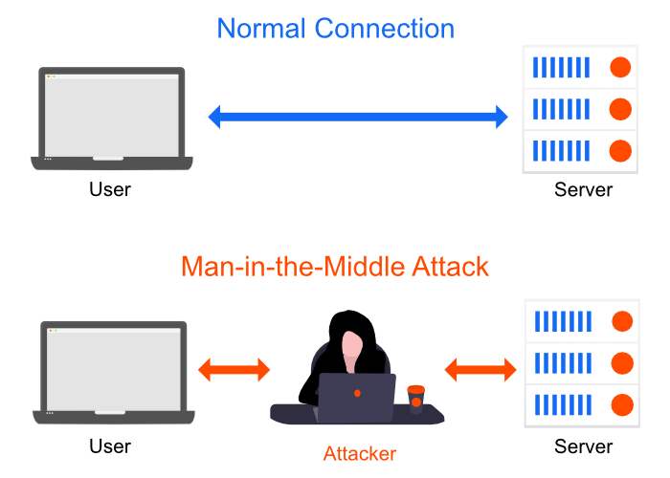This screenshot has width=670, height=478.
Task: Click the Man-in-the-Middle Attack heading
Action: coord(335,266)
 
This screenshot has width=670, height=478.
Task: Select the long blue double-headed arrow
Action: coord(358,118)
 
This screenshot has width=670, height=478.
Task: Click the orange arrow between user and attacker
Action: coord(234,370)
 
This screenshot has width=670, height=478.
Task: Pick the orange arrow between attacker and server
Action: coord(480,369)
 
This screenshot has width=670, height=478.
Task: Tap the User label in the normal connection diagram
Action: coord(110,189)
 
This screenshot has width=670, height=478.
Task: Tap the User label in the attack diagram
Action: coord(110,445)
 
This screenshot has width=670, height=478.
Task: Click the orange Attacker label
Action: coord(359,452)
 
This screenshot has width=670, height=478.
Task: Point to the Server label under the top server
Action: coord(583,189)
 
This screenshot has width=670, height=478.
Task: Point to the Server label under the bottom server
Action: coord(583,445)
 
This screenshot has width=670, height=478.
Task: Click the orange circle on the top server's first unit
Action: coord(620,67)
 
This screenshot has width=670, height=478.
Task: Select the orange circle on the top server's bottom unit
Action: coord(620,150)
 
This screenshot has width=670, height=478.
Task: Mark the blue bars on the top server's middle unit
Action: coord(561,109)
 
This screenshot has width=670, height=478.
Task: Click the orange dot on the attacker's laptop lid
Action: coord(357,394)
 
